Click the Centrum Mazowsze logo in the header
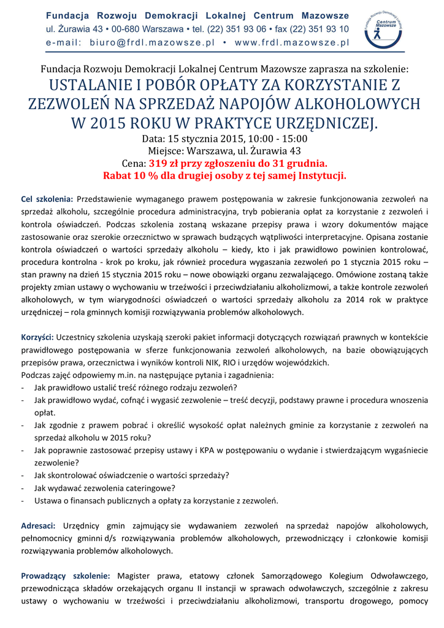[383, 31]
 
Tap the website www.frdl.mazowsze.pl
[292, 43]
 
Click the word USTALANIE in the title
[92, 85]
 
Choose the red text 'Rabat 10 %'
[130, 176]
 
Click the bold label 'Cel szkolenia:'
[47, 199]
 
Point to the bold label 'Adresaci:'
[39, 526]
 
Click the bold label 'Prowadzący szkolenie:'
[66, 576]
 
